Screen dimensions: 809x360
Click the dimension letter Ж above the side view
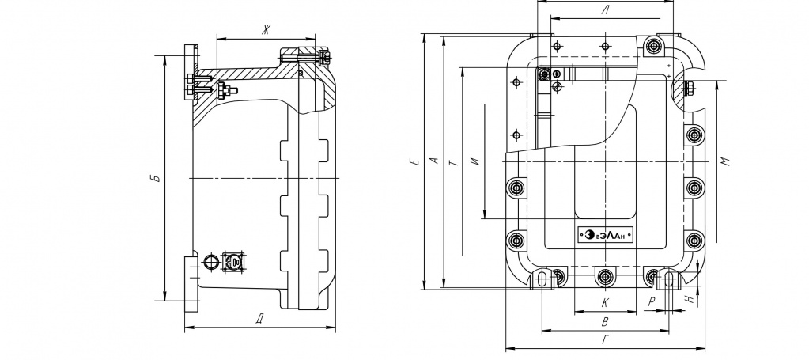click(266, 31)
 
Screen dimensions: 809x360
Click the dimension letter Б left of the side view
click(157, 179)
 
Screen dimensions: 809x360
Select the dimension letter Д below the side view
click(259, 319)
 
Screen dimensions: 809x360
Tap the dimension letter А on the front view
click(434, 161)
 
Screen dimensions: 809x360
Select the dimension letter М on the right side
click(725, 161)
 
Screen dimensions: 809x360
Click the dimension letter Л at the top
click(605, 9)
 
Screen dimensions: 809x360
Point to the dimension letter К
click(605, 302)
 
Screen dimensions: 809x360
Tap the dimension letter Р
click(652, 302)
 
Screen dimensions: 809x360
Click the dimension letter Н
click(689, 299)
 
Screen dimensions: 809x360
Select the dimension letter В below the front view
click(605, 322)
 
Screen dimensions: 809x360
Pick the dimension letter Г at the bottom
click(605, 340)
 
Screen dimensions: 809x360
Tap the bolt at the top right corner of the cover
click(654, 46)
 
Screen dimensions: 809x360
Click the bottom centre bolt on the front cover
click(605, 278)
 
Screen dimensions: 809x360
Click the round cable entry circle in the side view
click(210, 262)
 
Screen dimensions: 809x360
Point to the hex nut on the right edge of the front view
click(690, 89)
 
